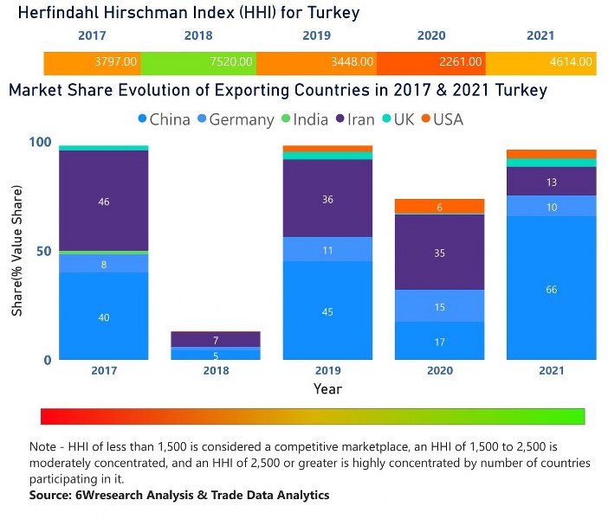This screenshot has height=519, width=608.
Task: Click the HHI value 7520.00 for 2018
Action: tap(230, 62)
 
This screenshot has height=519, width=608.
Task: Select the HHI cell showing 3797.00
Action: tap(116, 62)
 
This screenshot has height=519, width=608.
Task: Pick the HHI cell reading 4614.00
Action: tap(571, 62)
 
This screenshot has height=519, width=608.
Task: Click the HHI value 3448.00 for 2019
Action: tap(351, 62)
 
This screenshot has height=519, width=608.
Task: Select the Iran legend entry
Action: tap(353, 119)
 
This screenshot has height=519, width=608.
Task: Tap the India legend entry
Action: tap(303, 119)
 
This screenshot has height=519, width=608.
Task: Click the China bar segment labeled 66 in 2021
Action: tap(552, 288)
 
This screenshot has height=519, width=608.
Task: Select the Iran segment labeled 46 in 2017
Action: tap(104, 201)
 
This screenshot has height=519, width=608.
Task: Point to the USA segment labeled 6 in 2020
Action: tap(440, 207)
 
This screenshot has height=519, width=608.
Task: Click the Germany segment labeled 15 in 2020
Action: tap(440, 306)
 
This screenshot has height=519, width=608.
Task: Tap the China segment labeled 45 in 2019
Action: tap(327, 311)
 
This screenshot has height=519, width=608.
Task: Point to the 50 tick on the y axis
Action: tap(42, 252)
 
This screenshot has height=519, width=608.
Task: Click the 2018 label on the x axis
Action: tap(216, 371)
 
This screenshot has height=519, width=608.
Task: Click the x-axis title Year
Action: tap(327, 388)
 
